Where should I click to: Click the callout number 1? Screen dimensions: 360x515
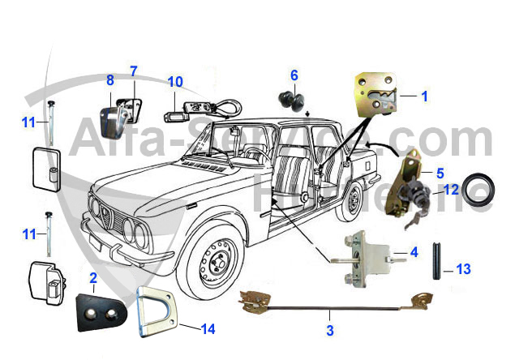pyautogui.click(x=424, y=95)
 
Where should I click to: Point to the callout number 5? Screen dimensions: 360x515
pyautogui.click(x=440, y=172)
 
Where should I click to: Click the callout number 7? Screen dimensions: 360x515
pyautogui.click(x=134, y=71)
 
